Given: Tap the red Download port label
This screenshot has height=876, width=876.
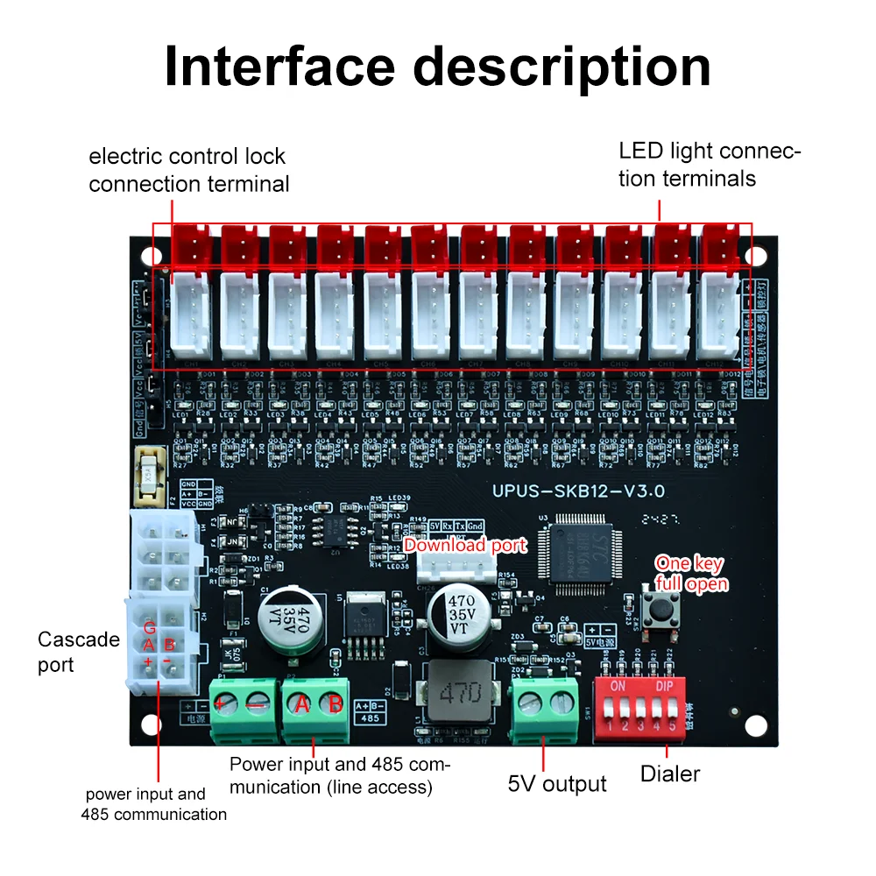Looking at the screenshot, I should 465,546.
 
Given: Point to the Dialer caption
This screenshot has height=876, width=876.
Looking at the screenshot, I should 670,774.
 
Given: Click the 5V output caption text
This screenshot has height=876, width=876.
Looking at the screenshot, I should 557,783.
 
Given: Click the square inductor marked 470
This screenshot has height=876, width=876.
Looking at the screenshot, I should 452,693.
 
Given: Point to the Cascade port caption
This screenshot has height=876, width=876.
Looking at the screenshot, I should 79,652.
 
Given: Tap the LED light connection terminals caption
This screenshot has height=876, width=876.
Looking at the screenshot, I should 710,164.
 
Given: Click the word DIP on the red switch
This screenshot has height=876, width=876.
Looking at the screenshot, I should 663,685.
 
